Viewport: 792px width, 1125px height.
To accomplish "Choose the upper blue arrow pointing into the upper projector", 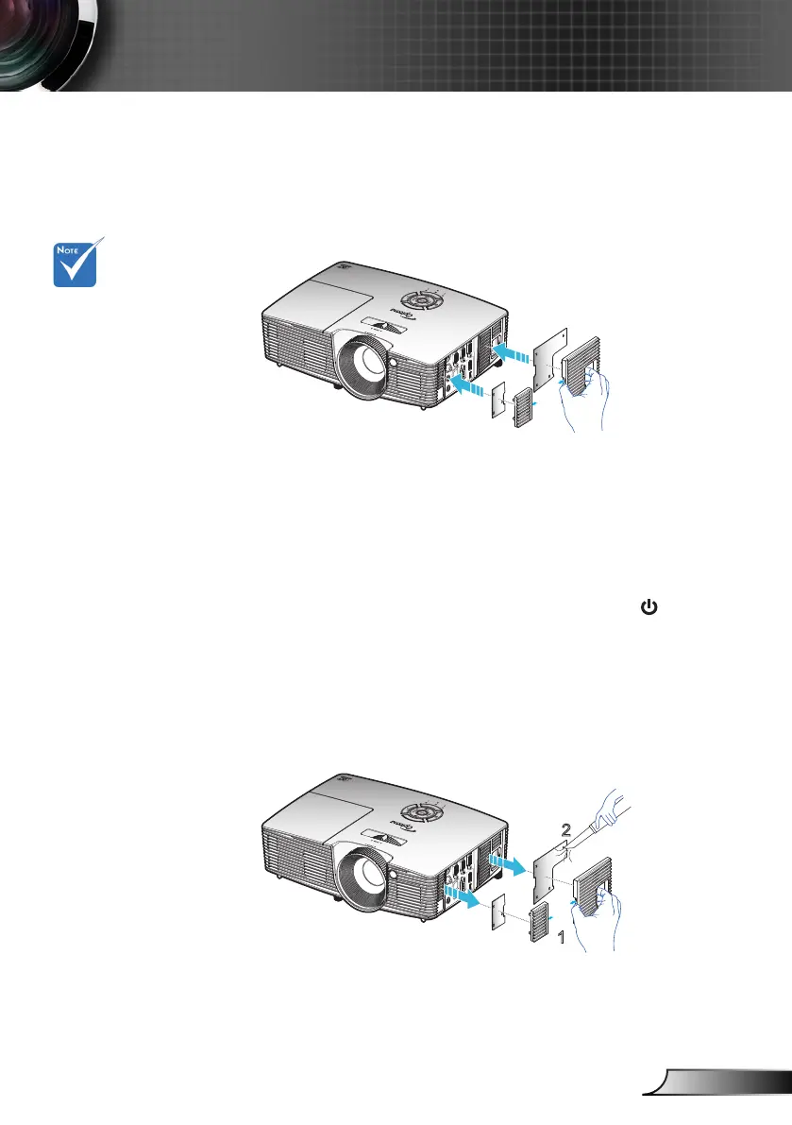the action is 515,352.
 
